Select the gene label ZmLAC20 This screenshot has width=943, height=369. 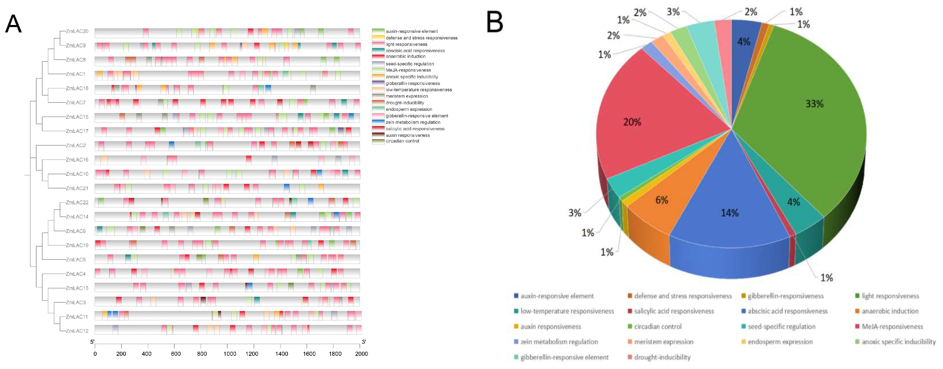coord(77,31)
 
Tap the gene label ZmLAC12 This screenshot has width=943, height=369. coord(77,331)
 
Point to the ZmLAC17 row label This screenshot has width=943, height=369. coord(77,131)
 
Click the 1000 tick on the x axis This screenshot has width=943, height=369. coord(229,354)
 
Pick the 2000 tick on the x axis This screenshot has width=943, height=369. coord(361,354)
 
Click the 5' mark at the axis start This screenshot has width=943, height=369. coord(92,342)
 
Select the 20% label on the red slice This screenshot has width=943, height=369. coord(632,122)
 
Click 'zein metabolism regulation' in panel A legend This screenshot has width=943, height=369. coord(413,122)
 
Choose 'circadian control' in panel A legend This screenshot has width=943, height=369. coord(402,141)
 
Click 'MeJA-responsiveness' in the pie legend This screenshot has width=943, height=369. coord(892,327)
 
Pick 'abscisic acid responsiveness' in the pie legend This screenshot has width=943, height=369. coord(787,311)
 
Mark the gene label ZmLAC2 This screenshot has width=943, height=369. coord(76,145)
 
